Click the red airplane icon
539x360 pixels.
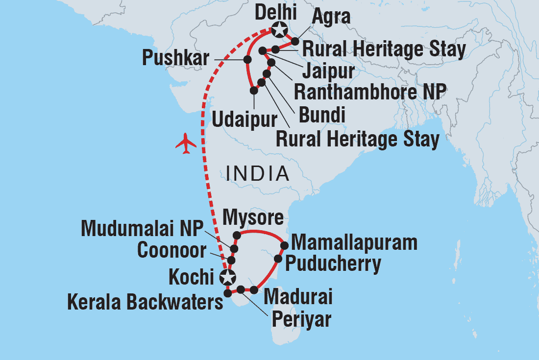tap(186, 144)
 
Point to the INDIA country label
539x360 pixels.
tap(257, 173)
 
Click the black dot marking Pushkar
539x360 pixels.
tap(247, 60)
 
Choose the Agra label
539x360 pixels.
tap(331, 17)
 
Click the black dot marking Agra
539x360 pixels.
tap(295, 41)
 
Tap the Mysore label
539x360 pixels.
tap(253, 216)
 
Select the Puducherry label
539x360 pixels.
tap(333, 264)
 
